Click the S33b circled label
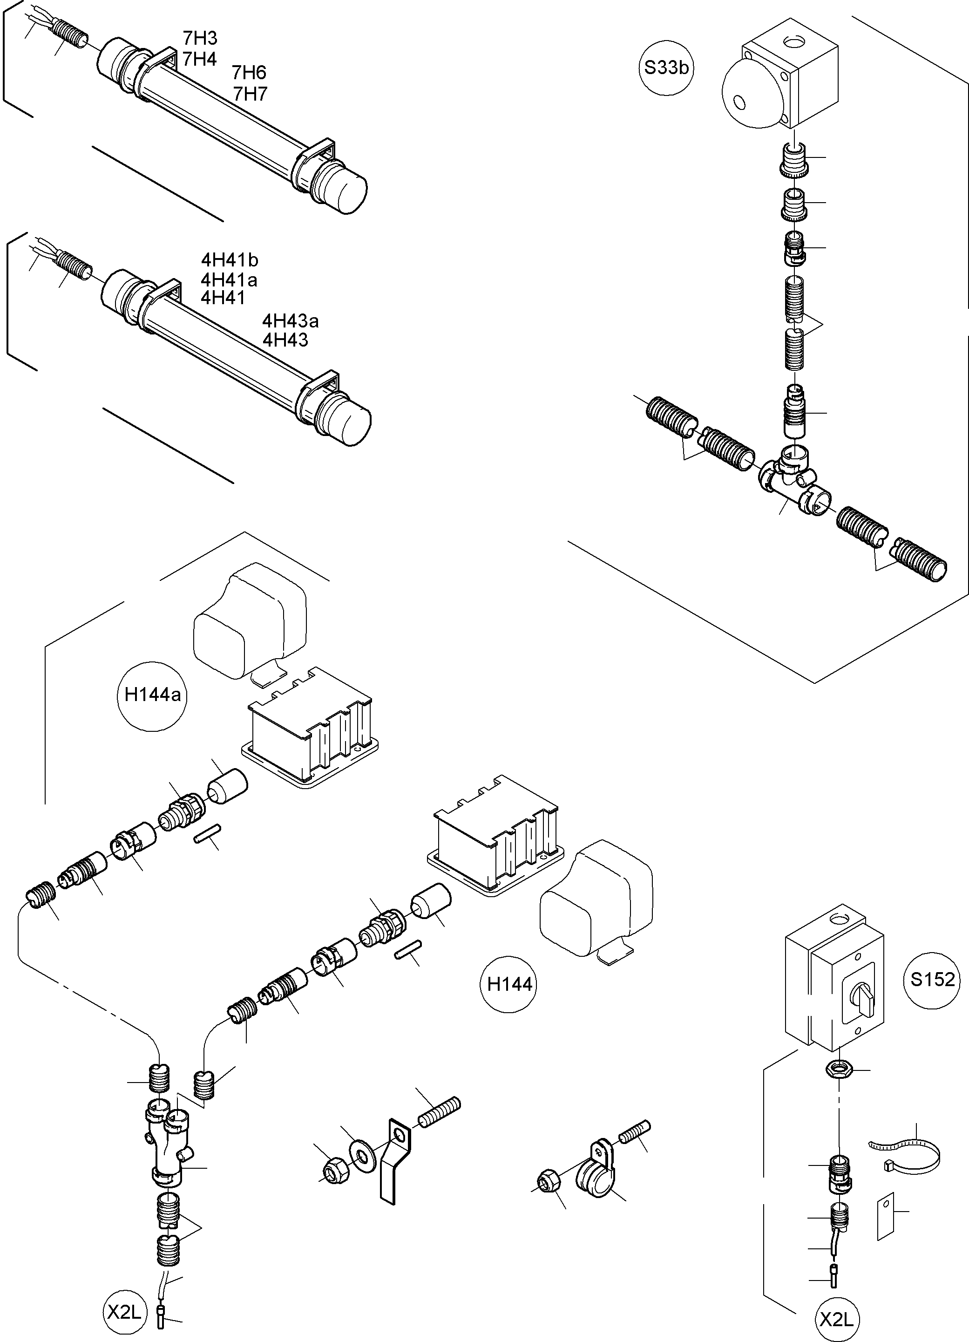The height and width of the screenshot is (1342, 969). [666, 68]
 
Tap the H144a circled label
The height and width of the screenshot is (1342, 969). [153, 694]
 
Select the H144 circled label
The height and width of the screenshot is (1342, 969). [509, 985]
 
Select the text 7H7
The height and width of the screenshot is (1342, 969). [250, 94]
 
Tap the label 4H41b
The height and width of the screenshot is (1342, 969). [230, 260]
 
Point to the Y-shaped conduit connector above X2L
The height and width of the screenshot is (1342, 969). [166, 1147]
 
